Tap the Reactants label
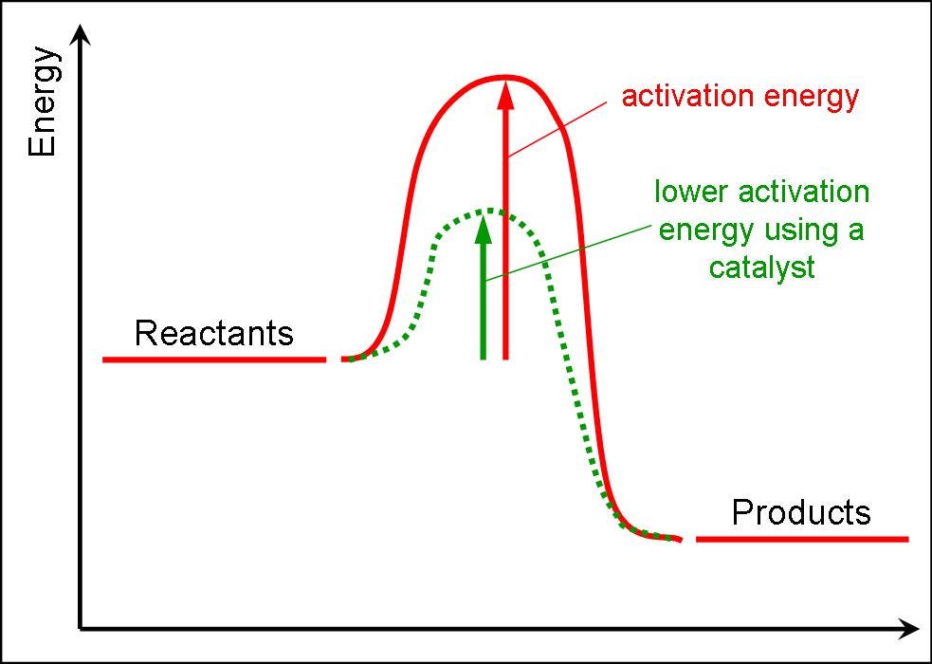(x=213, y=334)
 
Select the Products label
(x=800, y=513)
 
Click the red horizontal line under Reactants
(x=213, y=360)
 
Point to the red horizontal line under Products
(x=801, y=539)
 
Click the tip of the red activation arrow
(x=505, y=83)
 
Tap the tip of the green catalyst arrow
(x=484, y=217)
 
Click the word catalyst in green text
(x=761, y=267)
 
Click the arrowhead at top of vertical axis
(x=83, y=35)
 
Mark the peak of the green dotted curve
(x=487, y=210)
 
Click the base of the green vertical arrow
(x=484, y=358)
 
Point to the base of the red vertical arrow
(x=505, y=358)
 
